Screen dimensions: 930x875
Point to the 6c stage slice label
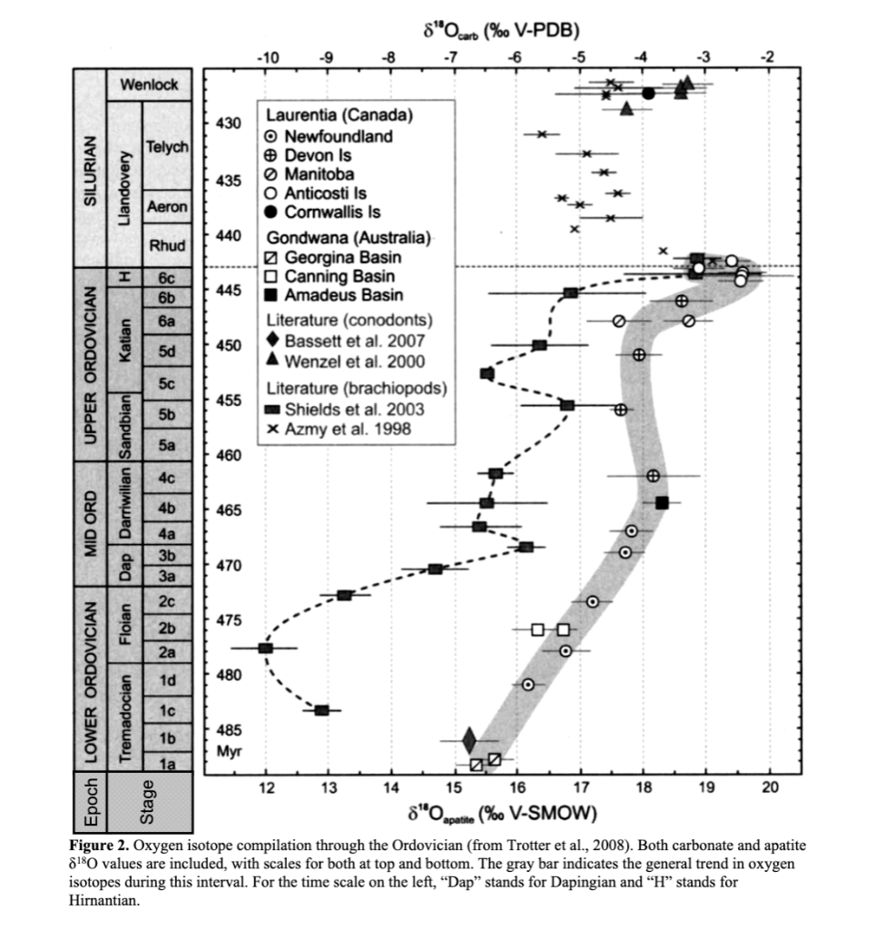(x=166, y=276)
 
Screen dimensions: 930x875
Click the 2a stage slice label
(x=166, y=651)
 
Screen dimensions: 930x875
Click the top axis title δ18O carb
(x=501, y=34)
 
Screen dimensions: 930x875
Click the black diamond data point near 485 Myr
(x=469, y=740)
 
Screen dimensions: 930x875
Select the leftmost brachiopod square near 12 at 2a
(x=265, y=648)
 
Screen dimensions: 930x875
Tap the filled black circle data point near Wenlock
(x=648, y=93)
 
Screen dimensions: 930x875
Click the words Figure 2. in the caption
(x=103, y=846)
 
